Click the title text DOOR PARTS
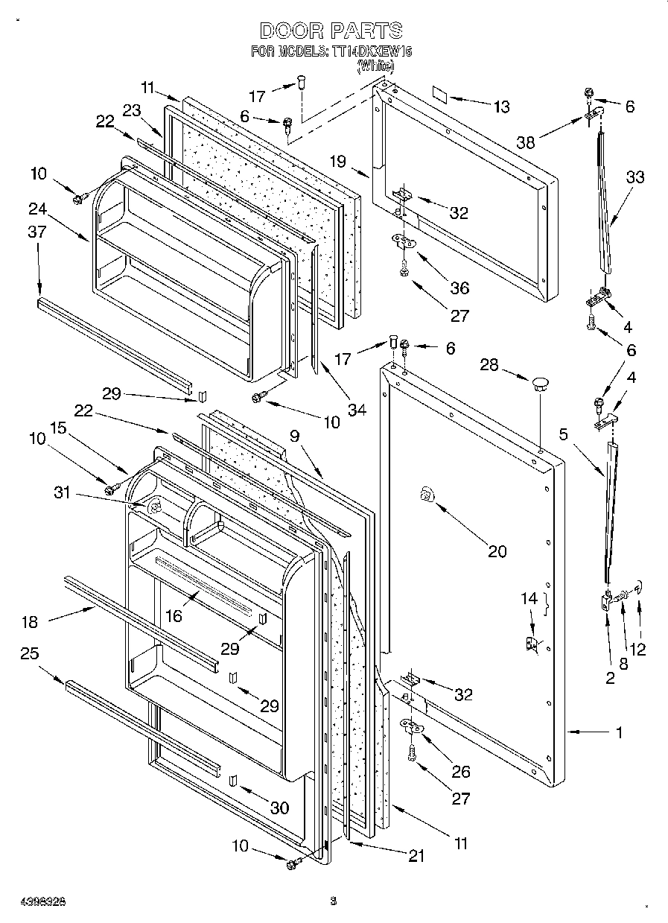click(x=331, y=31)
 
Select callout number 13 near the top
click(x=501, y=107)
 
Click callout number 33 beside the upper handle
click(x=634, y=177)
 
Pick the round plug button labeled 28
click(x=539, y=384)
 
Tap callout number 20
click(x=497, y=551)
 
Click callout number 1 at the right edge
click(x=619, y=732)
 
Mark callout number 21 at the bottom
click(x=416, y=857)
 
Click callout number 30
click(x=280, y=807)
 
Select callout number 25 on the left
click(x=30, y=654)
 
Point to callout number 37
click(x=37, y=232)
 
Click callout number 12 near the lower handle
click(x=637, y=648)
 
